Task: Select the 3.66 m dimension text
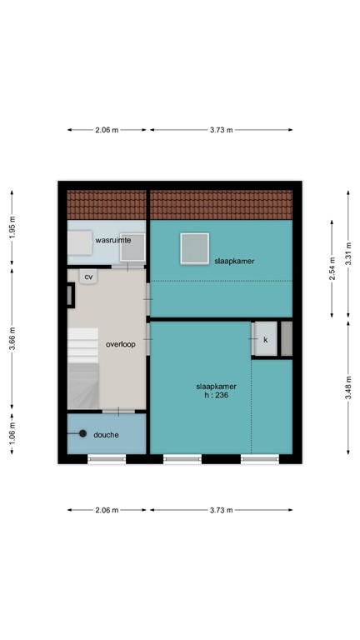click(12, 340)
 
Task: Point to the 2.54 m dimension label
click(332, 268)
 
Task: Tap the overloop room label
click(121, 344)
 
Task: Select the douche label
click(107, 434)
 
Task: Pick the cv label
click(88, 276)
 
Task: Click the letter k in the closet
click(266, 340)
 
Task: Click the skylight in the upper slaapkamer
click(195, 247)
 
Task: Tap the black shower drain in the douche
click(82, 433)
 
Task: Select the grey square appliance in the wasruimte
click(132, 246)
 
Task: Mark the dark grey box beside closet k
click(287, 339)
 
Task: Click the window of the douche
click(107, 457)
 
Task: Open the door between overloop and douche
click(118, 411)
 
